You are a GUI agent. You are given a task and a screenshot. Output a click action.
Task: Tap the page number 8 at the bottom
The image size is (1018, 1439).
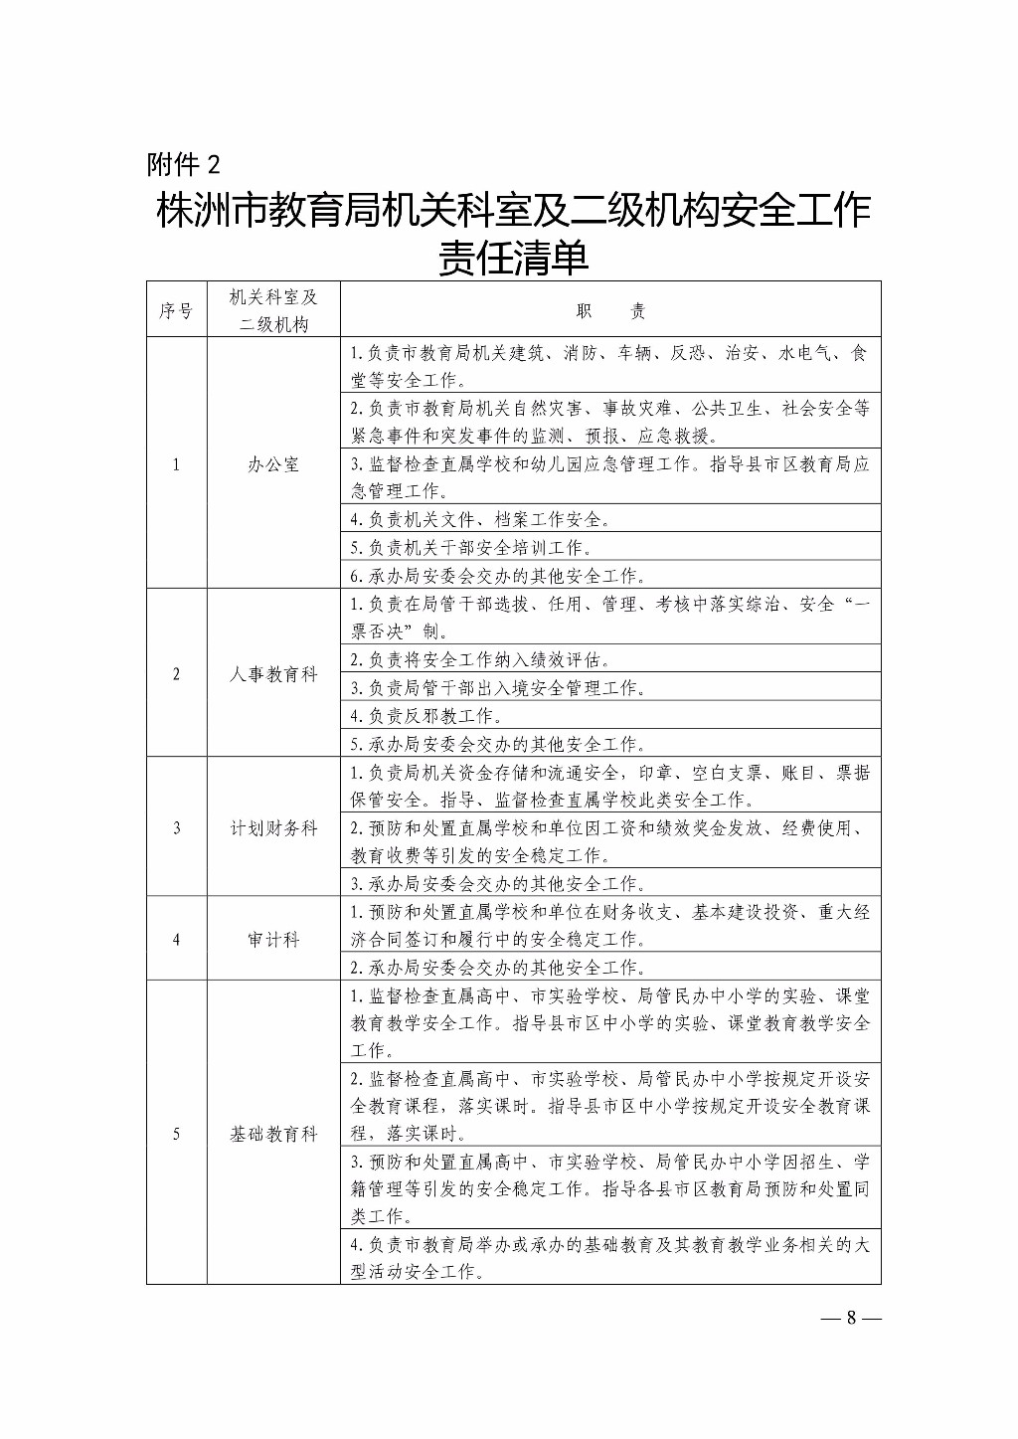point(851,1319)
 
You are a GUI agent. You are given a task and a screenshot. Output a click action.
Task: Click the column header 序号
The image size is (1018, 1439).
point(176,311)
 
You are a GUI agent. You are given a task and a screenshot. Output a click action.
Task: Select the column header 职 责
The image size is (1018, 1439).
point(610,311)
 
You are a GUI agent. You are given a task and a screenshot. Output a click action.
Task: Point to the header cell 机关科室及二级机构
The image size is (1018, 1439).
point(273,311)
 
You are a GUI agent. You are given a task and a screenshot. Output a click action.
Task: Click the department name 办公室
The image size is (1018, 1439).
point(273,464)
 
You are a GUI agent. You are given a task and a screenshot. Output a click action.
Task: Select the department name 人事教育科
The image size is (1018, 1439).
point(273,674)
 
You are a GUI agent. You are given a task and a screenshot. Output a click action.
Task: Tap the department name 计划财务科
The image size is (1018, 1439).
point(273,827)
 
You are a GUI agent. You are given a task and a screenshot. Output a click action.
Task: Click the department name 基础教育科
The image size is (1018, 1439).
point(273,1134)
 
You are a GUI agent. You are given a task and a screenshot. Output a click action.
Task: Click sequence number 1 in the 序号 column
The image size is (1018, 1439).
point(177,464)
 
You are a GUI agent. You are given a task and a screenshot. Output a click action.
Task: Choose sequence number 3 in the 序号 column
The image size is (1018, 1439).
point(177,827)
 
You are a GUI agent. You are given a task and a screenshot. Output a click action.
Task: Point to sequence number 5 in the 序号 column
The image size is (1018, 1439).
point(177,1134)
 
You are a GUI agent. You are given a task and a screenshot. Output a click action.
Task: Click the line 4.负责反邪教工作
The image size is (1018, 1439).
point(424,716)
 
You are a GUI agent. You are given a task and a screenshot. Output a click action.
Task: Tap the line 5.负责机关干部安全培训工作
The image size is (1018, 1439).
point(472,548)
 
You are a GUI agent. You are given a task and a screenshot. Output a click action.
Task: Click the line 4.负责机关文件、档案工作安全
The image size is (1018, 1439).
point(481,519)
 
